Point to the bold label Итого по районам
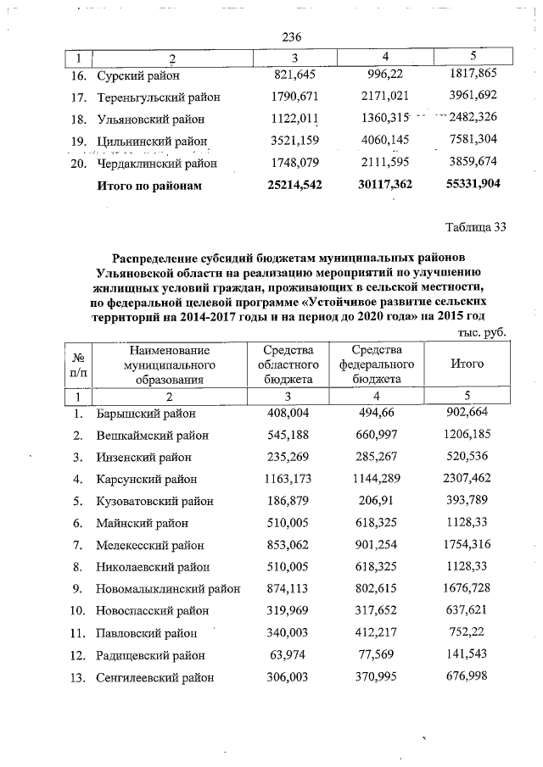(x=150, y=184)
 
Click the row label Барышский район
(x=146, y=414)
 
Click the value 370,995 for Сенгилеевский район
(x=377, y=677)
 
